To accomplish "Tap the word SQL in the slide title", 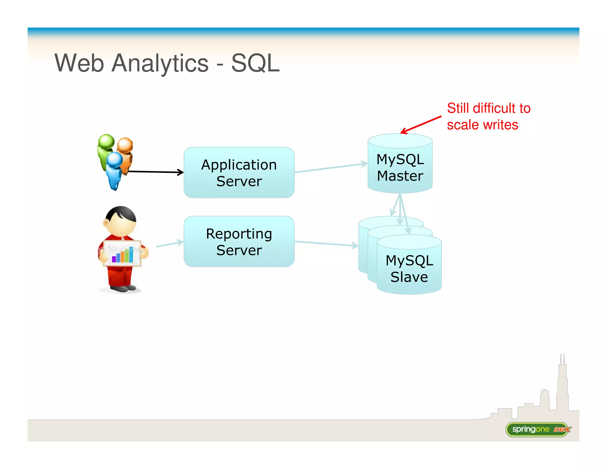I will click(x=255, y=63).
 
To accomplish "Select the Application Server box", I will click(x=239, y=173).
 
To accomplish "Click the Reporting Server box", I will click(x=239, y=242).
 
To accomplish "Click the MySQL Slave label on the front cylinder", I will click(x=409, y=269).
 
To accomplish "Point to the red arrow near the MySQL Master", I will click(x=421, y=125).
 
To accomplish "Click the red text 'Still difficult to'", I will click(x=488, y=108).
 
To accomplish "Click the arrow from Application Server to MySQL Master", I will click(x=330, y=168).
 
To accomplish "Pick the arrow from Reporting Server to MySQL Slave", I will click(x=326, y=244).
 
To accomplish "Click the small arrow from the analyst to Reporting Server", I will click(x=170, y=244).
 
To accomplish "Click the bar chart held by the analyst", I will click(x=122, y=254).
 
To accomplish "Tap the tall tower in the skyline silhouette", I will click(x=562, y=385).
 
